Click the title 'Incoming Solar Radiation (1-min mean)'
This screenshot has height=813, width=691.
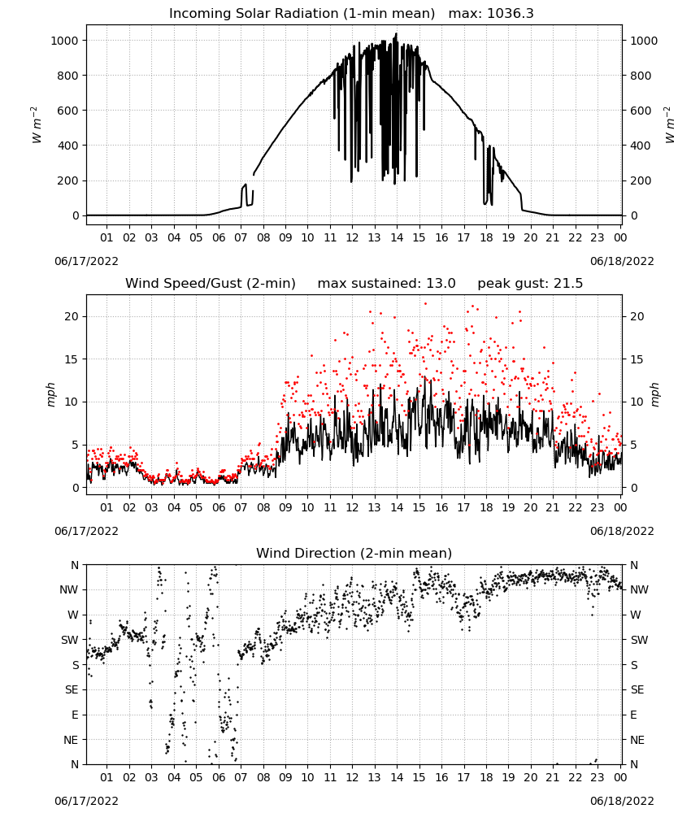[x=302, y=14]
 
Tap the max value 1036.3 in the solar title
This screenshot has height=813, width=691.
[x=511, y=14]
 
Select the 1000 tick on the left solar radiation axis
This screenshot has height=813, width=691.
[x=64, y=41]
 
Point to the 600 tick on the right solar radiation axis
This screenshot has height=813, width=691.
[x=641, y=111]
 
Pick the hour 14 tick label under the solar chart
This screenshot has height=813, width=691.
[x=397, y=237]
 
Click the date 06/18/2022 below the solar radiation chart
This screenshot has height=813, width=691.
[x=622, y=261]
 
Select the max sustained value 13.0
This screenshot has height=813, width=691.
[x=441, y=284]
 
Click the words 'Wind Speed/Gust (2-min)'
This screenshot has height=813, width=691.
[x=211, y=284]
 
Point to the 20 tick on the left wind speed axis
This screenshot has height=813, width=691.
[x=72, y=316]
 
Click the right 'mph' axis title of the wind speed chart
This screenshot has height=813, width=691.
[x=654, y=394]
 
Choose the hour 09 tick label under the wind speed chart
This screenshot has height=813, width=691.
[x=285, y=507]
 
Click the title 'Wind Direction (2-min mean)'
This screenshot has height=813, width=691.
[x=354, y=553]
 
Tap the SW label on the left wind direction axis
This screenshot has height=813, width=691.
[x=70, y=640]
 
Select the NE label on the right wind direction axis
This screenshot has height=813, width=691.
[x=637, y=740]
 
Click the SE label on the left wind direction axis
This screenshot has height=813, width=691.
[x=72, y=689]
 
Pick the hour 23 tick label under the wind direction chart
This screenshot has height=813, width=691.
[x=598, y=777]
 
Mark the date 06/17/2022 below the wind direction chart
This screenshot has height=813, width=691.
[x=86, y=801]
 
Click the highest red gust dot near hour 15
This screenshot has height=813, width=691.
[x=426, y=304]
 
